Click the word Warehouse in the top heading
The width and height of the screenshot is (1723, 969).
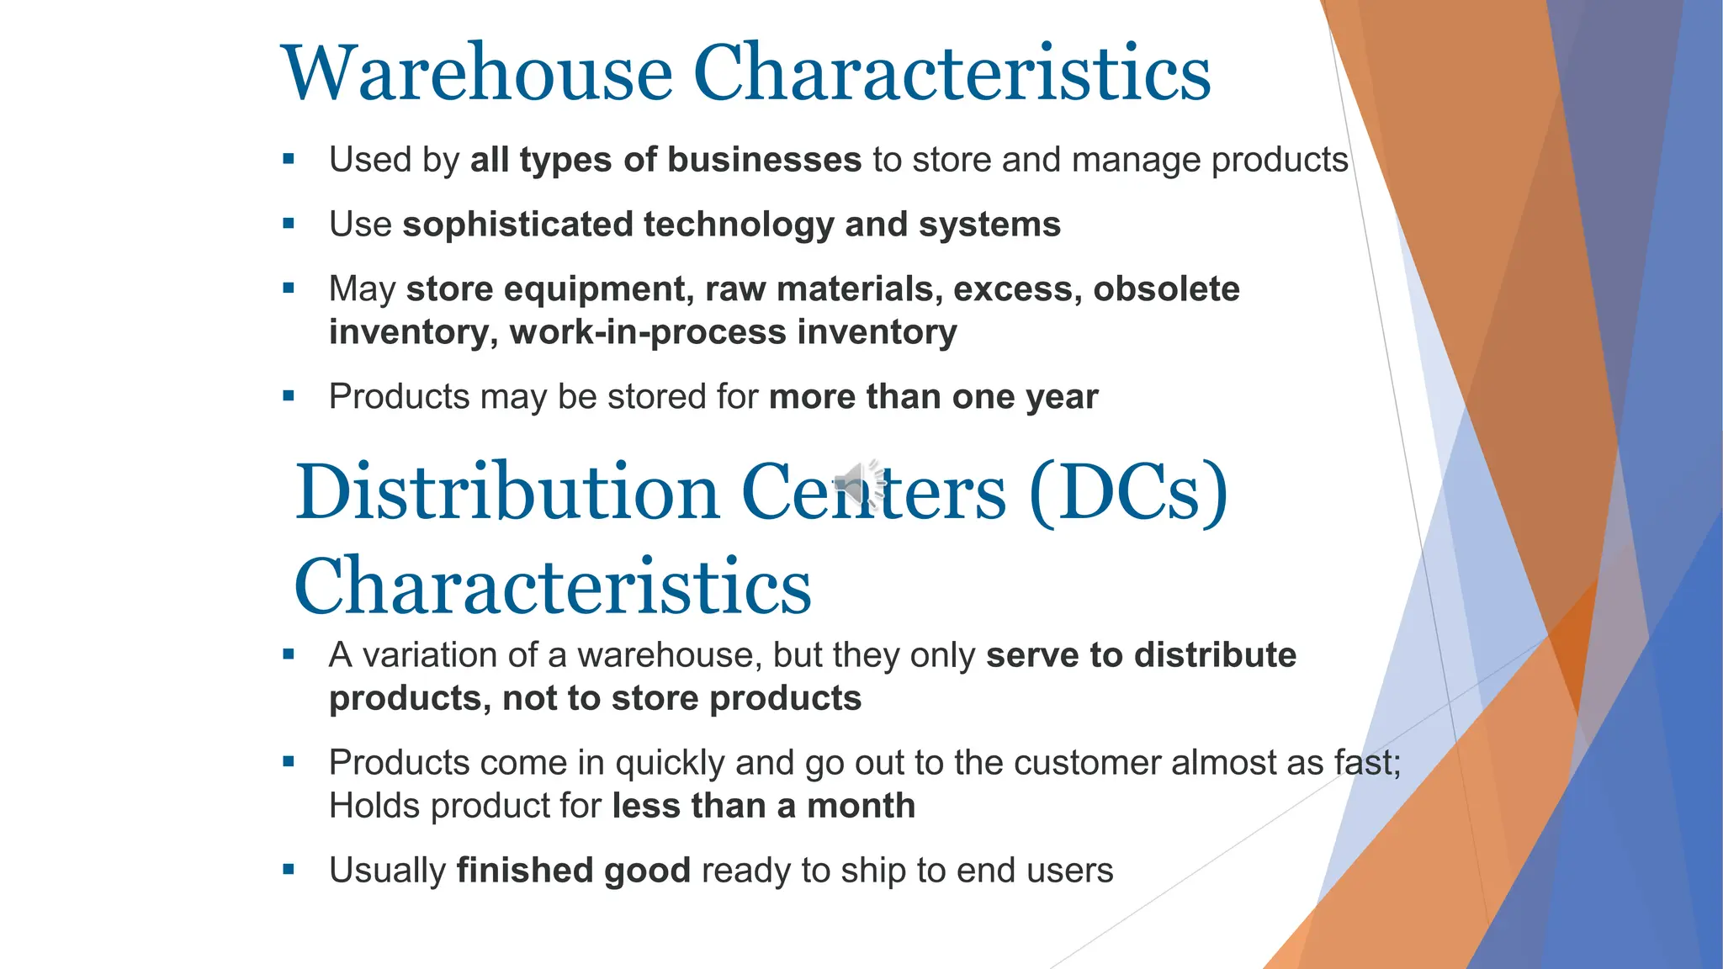(477, 73)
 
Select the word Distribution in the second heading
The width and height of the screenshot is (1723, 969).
(506, 492)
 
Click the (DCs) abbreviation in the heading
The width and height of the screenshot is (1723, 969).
(1128, 492)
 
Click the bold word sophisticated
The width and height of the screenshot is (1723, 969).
(517, 225)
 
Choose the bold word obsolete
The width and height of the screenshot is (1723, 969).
(1166, 289)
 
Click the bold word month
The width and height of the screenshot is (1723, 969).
(861, 806)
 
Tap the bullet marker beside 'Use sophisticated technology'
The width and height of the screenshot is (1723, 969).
(289, 224)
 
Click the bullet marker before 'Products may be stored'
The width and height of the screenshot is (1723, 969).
(289, 395)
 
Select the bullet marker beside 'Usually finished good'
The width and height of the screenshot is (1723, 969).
(289, 870)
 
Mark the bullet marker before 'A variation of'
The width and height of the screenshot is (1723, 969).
(289, 654)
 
